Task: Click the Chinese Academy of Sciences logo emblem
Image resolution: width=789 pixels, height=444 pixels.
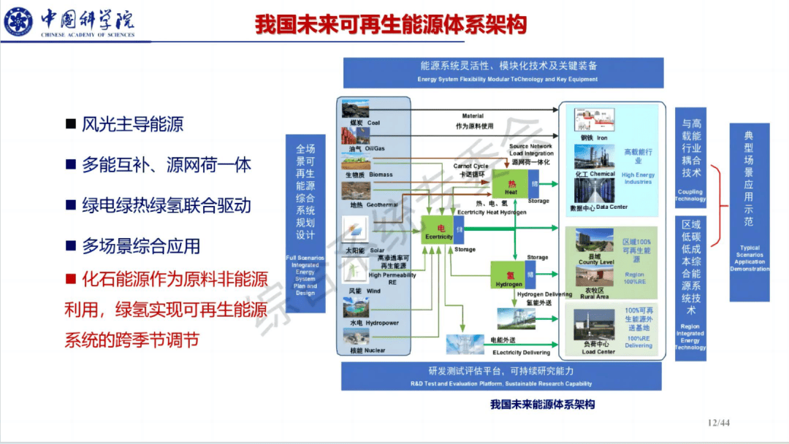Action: tap(18, 22)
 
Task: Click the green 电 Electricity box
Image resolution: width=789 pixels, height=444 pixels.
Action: tap(440, 232)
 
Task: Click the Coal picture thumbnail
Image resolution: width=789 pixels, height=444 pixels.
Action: tap(355, 110)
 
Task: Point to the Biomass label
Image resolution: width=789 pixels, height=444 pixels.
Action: tap(370, 175)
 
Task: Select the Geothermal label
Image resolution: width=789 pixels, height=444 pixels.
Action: tap(373, 205)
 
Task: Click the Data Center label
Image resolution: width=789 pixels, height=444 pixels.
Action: tap(599, 207)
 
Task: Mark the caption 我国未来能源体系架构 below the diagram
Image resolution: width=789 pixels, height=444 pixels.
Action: tap(542, 404)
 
